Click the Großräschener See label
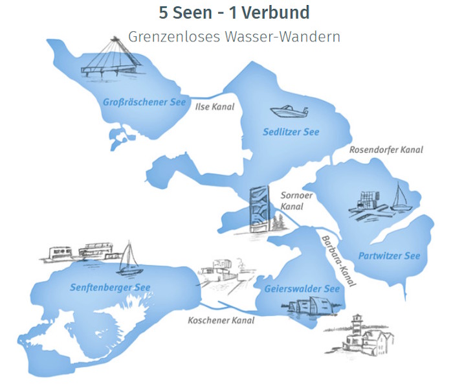pos(144,102)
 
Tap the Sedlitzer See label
pos(291,132)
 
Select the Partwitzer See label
pos(389,256)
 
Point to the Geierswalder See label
pos(302,289)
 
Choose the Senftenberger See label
pos(110,287)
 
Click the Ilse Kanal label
pos(215,107)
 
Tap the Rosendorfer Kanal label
pos(386,150)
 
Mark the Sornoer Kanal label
pos(296,201)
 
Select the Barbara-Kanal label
pos(338,261)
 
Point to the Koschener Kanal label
pos(221,320)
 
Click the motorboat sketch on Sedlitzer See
pos(289,111)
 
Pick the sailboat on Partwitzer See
pos(400,197)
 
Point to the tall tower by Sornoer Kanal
pos(260,209)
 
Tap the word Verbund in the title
pos(275,13)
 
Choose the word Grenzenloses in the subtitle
pos(174,37)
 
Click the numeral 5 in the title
pos(163,13)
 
